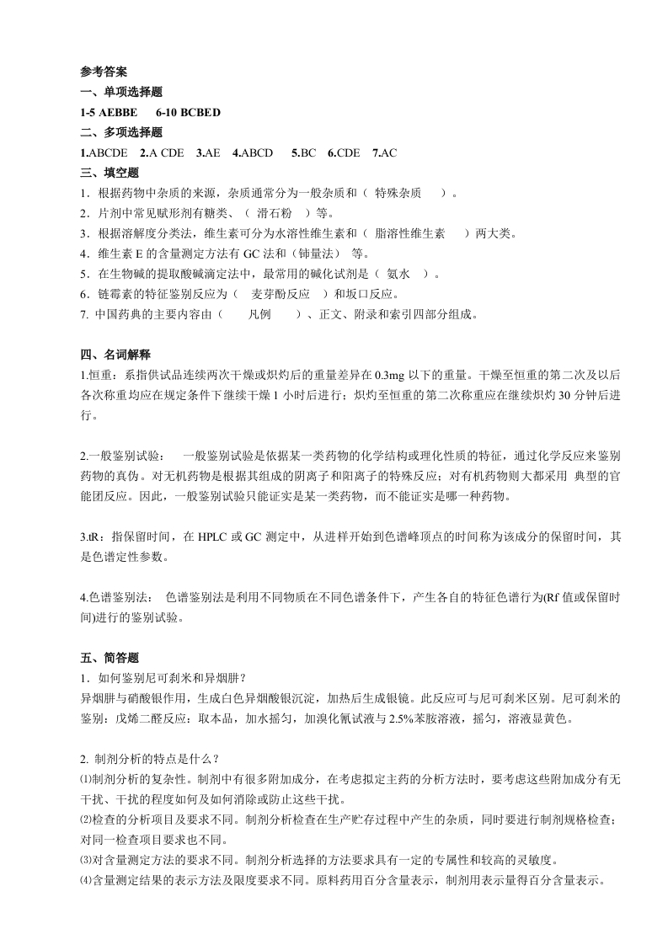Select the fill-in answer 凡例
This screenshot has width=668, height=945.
[259, 315]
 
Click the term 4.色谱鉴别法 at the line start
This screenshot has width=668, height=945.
[116, 598]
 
